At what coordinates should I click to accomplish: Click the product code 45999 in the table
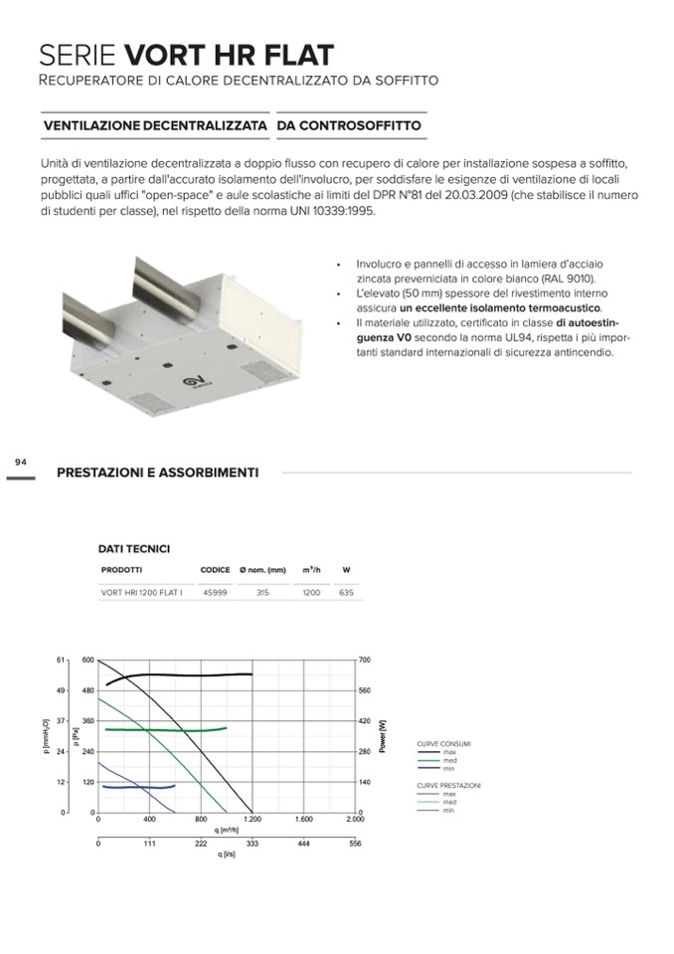coord(215,592)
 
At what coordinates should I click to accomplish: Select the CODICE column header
coord(215,570)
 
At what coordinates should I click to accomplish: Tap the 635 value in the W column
coord(346,592)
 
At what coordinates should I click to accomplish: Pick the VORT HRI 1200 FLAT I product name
coord(141,592)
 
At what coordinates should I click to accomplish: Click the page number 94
coord(21,462)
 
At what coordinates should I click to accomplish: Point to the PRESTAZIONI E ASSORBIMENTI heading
coord(157,473)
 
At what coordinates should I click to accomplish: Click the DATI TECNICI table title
coord(133,548)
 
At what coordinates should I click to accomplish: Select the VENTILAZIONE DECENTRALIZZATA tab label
coord(155,126)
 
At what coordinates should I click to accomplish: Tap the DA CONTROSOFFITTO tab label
coord(349,126)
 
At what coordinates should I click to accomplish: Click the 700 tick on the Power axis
coord(365,661)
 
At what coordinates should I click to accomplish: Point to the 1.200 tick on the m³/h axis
coord(253,820)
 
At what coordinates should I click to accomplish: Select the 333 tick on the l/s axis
coord(253,843)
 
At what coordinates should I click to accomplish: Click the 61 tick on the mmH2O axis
coord(60,660)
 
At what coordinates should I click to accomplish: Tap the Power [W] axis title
coord(384,736)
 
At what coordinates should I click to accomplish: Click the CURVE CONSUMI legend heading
coord(443,743)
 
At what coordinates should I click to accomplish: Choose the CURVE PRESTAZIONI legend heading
coord(448,786)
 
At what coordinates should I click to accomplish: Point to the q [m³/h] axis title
coord(227,830)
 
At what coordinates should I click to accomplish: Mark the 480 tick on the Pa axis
coord(87,690)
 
